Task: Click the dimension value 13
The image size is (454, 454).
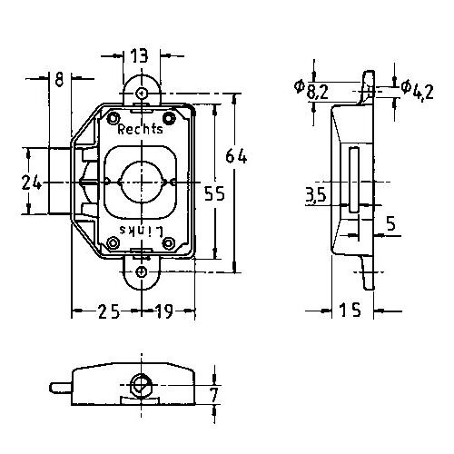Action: [140, 56]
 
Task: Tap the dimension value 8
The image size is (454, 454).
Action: [59, 79]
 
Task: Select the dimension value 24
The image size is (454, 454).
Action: [32, 183]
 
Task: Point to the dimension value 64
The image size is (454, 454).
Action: [236, 156]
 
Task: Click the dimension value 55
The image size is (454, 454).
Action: [214, 193]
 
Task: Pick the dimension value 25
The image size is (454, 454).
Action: [109, 311]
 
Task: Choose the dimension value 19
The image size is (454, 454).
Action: [164, 311]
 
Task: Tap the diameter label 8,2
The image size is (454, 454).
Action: [311, 90]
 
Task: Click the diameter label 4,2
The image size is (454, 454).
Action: [418, 90]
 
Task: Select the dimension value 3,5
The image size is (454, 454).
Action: [316, 194]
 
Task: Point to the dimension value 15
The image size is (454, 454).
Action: [350, 311]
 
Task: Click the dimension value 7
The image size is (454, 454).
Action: [213, 394]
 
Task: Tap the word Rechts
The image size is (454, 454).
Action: [140, 129]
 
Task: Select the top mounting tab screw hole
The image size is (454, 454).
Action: [141, 93]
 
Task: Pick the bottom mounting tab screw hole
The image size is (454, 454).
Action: [142, 272]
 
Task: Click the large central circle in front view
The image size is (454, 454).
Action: [142, 182]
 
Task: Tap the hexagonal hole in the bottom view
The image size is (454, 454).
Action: [140, 385]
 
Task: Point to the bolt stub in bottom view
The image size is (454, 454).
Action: [62, 388]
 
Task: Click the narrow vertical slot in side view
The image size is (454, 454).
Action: [353, 180]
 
